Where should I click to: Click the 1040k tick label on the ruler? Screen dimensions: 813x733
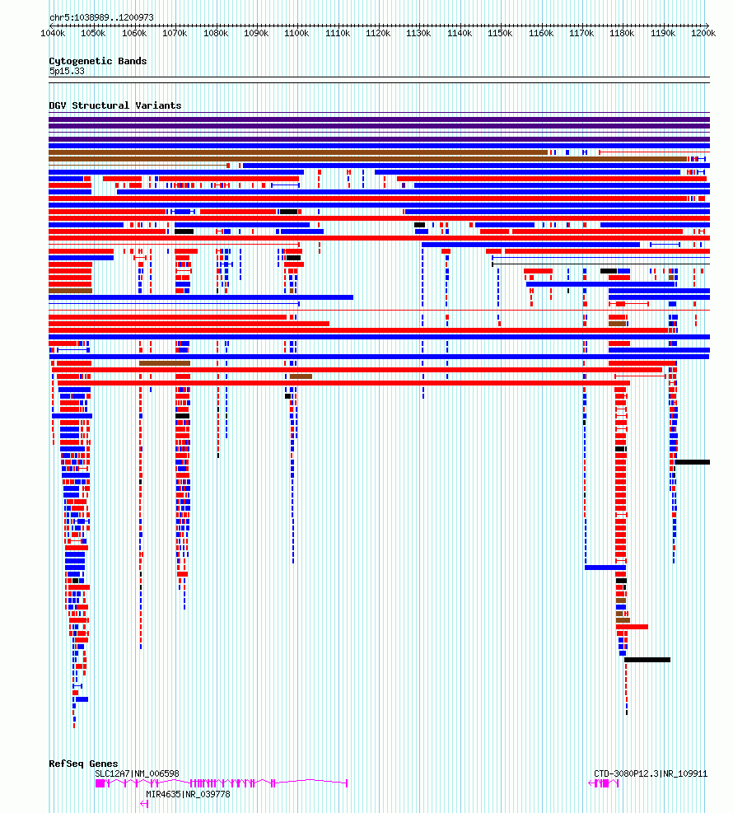53,34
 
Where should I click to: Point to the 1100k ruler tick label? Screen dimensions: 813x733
296,34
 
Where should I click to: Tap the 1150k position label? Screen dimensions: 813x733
500,34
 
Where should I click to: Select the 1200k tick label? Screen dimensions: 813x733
703,34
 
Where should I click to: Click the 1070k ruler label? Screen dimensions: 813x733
175,34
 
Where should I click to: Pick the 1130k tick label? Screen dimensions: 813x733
418,34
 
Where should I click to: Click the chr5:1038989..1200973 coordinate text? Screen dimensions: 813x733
101,17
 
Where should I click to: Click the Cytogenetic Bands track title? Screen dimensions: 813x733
97,61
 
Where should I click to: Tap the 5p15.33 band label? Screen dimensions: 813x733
67,71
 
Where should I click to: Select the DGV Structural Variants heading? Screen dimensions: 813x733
114,105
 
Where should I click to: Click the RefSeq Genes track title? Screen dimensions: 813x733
83,764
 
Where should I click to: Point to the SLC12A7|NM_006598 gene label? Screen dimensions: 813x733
137,773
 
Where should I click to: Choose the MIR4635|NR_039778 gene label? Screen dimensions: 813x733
188,794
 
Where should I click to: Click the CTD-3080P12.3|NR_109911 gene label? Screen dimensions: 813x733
651,773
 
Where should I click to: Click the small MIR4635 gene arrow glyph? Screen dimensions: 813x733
144,803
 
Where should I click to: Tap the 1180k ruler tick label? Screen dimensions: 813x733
622,34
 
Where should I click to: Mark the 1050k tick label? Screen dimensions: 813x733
93,34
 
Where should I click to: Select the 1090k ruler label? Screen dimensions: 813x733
256,34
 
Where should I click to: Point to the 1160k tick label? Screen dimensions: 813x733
540,34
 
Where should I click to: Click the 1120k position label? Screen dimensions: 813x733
378,34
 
